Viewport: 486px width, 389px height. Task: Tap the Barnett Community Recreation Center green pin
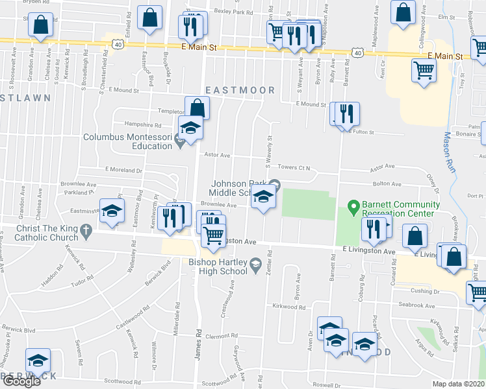point(353,208)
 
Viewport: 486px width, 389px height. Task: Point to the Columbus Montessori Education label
point(127,141)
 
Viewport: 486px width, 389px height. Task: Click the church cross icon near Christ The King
point(86,230)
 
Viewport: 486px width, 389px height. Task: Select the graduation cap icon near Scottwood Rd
point(38,360)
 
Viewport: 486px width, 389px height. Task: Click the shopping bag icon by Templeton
point(197,108)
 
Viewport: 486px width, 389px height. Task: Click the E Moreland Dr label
point(123,170)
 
